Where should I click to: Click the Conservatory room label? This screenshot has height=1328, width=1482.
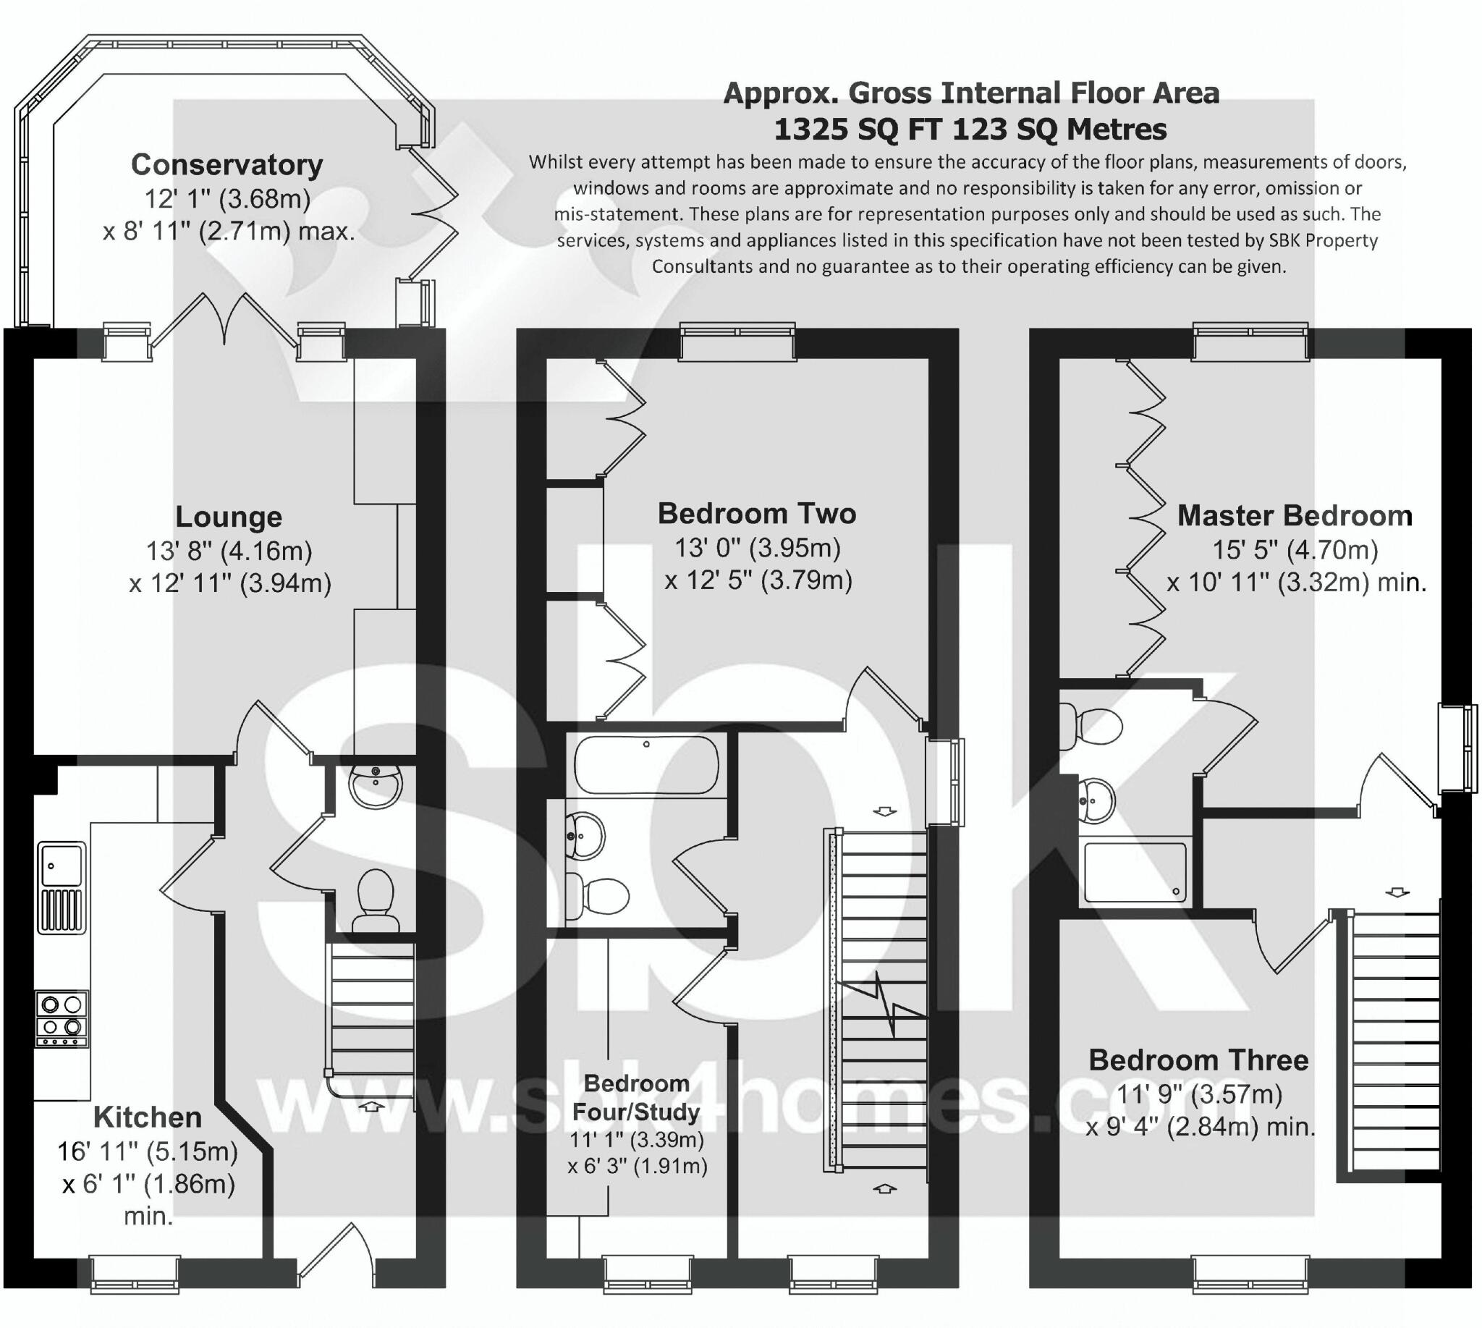click(227, 165)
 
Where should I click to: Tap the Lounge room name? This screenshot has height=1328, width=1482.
click(229, 517)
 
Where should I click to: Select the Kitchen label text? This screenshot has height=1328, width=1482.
click(148, 1117)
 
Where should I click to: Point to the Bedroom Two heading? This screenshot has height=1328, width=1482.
click(757, 514)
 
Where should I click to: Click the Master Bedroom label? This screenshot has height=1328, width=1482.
click(1295, 516)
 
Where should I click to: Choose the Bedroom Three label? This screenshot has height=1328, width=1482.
click(1198, 1060)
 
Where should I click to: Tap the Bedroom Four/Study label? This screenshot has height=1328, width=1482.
click(636, 1097)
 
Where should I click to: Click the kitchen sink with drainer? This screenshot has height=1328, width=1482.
click(62, 887)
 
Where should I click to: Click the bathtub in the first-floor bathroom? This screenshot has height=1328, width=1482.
click(645, 764)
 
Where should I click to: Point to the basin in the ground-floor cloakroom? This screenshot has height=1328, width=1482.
click(376, 785)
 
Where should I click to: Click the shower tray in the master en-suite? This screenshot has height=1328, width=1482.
click(1135, 873)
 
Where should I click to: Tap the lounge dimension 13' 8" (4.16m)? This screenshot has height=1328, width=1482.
click(229, 550)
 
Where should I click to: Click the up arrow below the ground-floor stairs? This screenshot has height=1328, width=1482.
click(371, 1106)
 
